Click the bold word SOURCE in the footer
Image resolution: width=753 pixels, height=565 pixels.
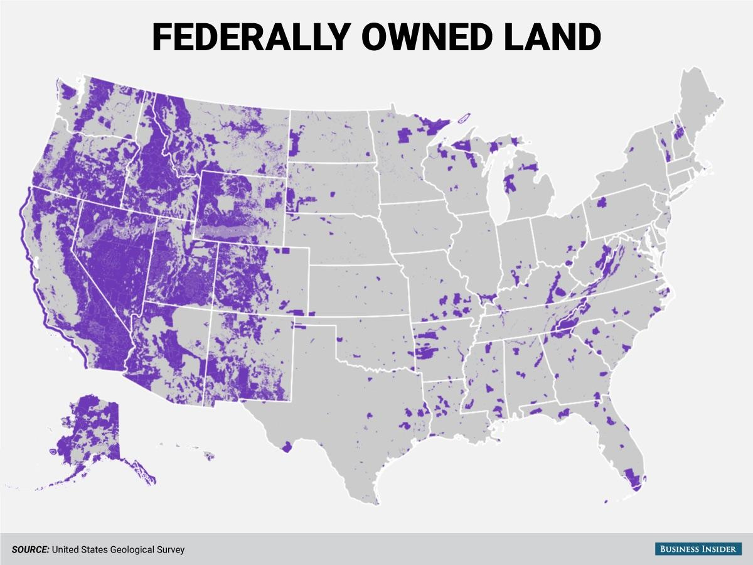[x=30, y=549]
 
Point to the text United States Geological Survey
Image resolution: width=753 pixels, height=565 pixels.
[x=119, y=549]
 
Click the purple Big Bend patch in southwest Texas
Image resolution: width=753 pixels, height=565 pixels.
[x=287, y=446]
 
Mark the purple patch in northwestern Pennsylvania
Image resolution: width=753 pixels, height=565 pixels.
[x=601, y=202]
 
